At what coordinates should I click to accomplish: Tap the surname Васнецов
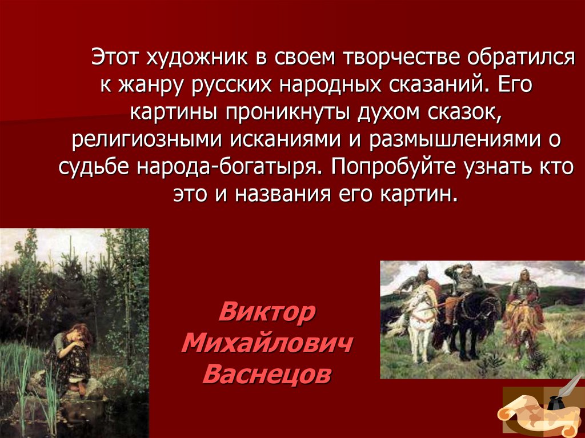point(267,375)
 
